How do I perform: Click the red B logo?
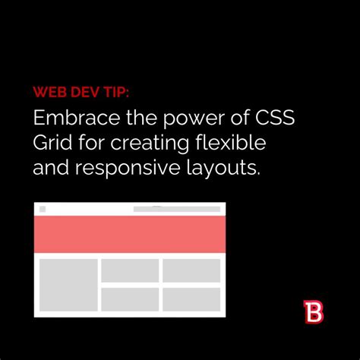[x=312, y=312]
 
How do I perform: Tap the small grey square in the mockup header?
[x=43, y=209]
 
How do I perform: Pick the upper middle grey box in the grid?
[x=130, y=270]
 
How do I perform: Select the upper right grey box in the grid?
[x=191, y=270]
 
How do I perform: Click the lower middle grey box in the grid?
[x=130, y=298]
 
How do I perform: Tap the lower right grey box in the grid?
[x=191, y=298]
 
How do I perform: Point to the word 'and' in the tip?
[x=51, y=168]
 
